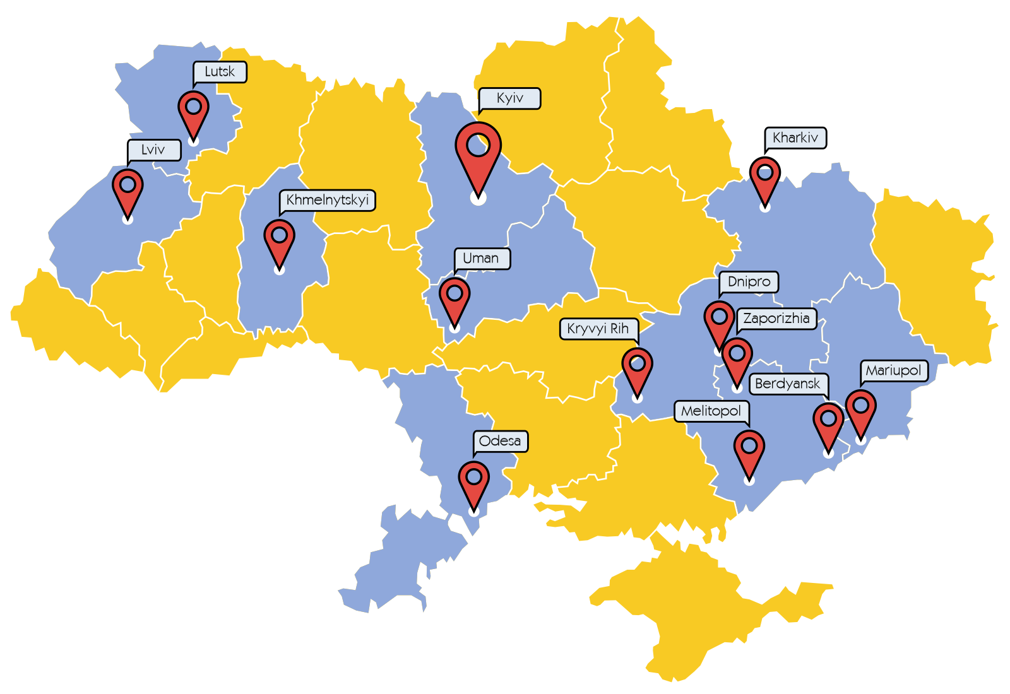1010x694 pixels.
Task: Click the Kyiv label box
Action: click(509, 98)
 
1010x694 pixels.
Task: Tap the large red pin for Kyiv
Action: click(478, 151)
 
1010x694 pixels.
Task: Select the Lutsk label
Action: click(219, 72)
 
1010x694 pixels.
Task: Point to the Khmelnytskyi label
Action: click(327, 201)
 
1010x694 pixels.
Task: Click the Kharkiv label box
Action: click(795, 138)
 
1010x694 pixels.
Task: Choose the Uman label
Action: click(481, 259)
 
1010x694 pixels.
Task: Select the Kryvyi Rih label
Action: click(598, 329)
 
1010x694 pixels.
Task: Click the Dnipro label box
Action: click(749, 282)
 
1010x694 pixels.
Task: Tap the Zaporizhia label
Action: click(776, 319)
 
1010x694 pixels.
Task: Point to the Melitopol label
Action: click(711, 411)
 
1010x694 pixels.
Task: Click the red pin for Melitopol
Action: click(749, 450)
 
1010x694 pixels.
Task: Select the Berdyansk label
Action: click(787, 384)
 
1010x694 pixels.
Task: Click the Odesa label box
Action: click(500, 441)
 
